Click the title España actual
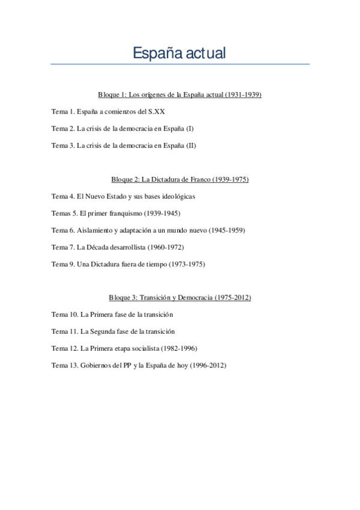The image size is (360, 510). (x=180, y=53)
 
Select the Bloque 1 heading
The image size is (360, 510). (x=180, y=95)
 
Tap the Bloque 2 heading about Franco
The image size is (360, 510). (x=180, y=179)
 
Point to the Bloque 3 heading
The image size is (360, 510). (x=180, y=298)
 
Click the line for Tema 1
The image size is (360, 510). (x=108, y=112)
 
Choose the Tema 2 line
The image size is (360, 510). (x=123, y=129)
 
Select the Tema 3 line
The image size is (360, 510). (x=124, y=146)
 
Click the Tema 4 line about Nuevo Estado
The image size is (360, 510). (x=123, y=196)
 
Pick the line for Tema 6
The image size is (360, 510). (x=148, y=230)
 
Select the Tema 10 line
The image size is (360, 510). (x=112, y=315)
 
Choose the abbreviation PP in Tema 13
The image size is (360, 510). (x=127, y=365)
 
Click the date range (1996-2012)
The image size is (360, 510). (x=206, y=365)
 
